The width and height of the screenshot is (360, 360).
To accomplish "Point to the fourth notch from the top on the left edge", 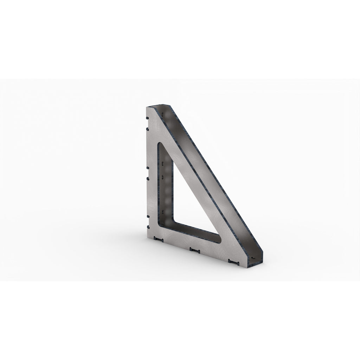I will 147,178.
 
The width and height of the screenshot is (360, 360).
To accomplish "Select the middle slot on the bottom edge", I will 194,250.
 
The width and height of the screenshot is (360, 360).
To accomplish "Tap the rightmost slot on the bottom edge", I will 233,261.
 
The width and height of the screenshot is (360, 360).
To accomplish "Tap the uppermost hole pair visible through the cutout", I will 163,164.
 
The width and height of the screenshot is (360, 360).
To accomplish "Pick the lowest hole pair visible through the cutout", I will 164,211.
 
